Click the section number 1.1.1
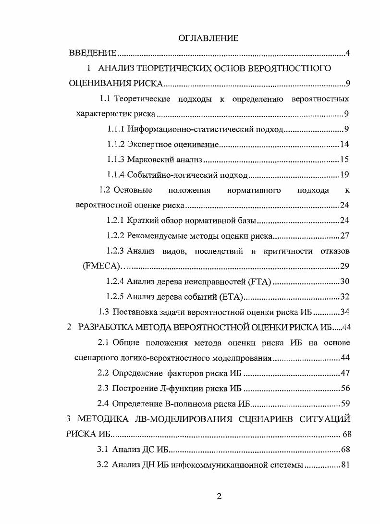tap(116, 129)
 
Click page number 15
tap(344, 159)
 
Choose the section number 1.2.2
tap(116, 236)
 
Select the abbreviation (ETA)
tap(231, 296)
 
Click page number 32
tap(344, 296)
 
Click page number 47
tap(344, 373)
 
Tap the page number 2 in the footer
tap(219, 497)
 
